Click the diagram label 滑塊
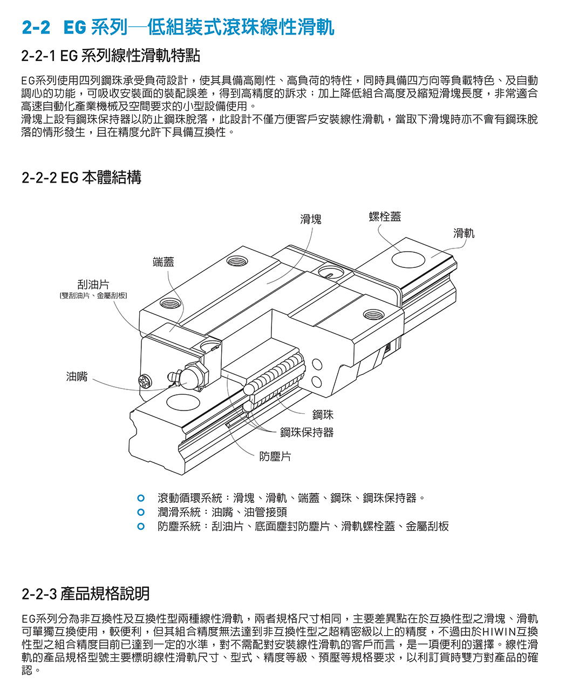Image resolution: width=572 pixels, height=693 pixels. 310,219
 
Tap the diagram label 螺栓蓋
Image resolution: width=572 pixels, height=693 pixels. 385,217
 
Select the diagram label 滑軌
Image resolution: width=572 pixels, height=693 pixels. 464,233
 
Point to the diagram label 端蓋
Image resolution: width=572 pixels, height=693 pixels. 163,262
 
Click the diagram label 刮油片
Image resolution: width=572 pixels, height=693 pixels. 93,285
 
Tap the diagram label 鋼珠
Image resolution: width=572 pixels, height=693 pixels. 323,414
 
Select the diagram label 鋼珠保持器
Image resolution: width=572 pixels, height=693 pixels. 307,432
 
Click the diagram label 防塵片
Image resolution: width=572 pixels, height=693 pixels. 275,456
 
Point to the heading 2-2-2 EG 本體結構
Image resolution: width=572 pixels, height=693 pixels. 81,177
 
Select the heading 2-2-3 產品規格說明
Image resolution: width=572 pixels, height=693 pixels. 86,594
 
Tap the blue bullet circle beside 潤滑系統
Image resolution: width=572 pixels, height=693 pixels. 141,512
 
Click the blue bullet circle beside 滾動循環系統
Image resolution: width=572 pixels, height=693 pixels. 141,497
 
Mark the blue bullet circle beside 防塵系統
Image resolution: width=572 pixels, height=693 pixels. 141,526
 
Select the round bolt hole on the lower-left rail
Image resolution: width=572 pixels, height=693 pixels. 178,402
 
